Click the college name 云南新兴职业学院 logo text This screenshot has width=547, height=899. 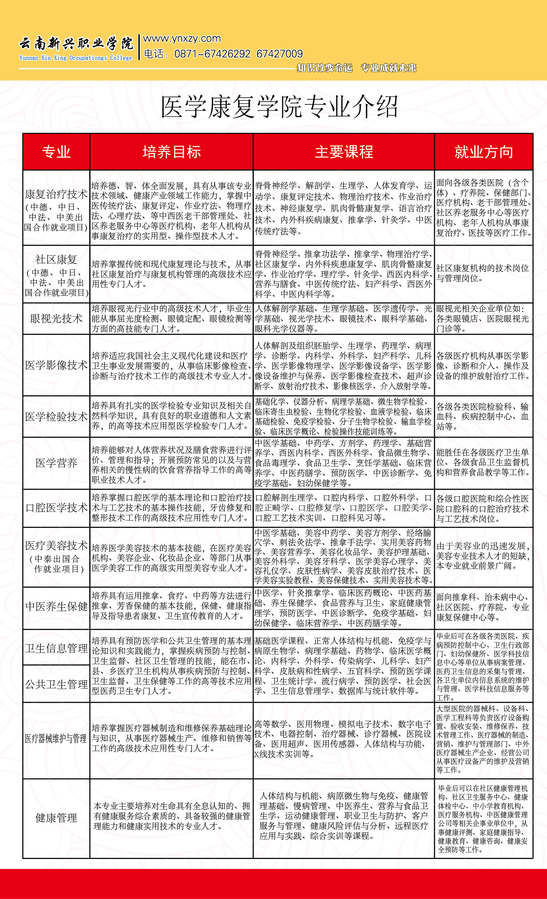[x=76, y=43]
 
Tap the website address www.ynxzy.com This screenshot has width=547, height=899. [x=182, y=38]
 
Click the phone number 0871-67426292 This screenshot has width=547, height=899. [x=212, y=54]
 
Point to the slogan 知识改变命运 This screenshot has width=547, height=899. [x=324, y=68]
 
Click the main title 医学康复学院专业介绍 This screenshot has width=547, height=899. [x=279, y=107]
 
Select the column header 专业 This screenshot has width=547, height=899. [x=56, y=152]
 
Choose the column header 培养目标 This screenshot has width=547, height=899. [x=171, y=152]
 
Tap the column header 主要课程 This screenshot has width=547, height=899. [x=344, y=152]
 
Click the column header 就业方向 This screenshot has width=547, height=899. [x=484, y=152]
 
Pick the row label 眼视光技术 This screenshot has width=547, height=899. [x=56, y=319]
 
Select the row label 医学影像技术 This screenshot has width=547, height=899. [x=56, y=365]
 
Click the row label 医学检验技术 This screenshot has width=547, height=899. [x=56, y=416]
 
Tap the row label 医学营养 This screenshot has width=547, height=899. [x=56, y=463]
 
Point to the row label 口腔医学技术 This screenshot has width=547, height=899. [x=56, y=508]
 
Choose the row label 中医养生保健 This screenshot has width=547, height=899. [x=56, y=606]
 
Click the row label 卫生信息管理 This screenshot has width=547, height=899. [x=56, y=648]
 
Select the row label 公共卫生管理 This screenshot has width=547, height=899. [x=56, y=684]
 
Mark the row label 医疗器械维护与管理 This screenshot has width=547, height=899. [x=56, y=739]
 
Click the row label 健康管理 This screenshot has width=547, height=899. [x=56, y=818]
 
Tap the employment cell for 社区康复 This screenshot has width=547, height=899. [x=482, y=273]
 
